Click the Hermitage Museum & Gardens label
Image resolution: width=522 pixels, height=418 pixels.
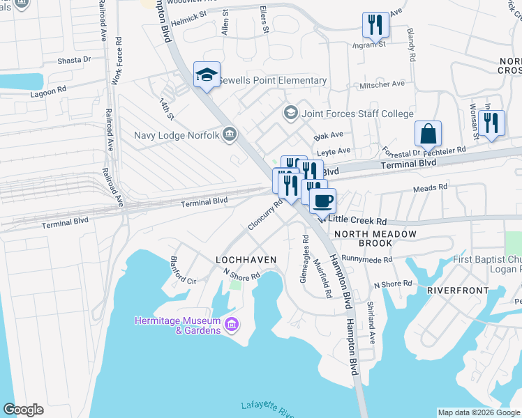[177, 325]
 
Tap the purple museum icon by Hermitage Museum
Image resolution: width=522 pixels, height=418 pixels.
[232, 324]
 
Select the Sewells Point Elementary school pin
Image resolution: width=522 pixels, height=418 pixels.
[207, 75]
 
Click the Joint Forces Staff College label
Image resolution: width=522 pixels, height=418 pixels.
[357, 114]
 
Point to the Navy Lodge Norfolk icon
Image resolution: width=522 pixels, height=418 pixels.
[229, 134]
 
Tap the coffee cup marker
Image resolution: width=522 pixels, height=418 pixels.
[322, 201]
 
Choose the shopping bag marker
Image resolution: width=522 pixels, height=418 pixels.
[428, 133]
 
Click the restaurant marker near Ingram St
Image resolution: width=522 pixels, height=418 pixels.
[375, 25]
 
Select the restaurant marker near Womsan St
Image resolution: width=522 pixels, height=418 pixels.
[491, 123]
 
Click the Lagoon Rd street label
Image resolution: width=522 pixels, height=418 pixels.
[48, 91]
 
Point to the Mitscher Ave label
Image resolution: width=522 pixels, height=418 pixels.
[382, 84]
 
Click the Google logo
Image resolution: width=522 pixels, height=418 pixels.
[23, 410]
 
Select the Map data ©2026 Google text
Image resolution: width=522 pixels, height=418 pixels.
[478, 412]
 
